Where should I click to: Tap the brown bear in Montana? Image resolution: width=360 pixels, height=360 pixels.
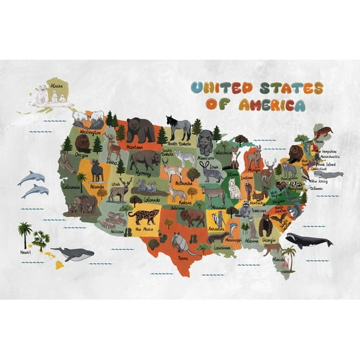click(140, 130)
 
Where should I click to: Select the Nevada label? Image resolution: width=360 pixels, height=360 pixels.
click(97, 187)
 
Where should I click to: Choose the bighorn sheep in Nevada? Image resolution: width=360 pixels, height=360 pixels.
click(96, 170)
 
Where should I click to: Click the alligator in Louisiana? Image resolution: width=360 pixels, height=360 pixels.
click(216, 238)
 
